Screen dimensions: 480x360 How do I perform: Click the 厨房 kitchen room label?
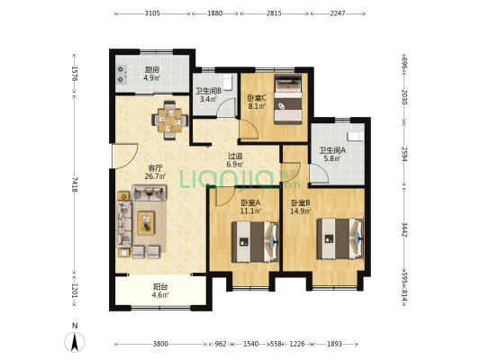pos(152,69)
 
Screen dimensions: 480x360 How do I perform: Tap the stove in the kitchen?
pos(122,75)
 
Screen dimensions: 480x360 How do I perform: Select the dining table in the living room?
pos(170,121)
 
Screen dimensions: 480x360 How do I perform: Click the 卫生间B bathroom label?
pos(208,91)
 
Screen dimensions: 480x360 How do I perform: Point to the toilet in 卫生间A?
pos(356,136)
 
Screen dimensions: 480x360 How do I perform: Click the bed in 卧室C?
pos(288,100)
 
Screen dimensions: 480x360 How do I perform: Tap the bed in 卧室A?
pos(255,242)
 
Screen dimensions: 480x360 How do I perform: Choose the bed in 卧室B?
pos(340,238)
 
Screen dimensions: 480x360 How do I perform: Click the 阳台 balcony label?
pos(160,287)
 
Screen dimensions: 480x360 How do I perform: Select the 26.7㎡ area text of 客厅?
pos(155,176)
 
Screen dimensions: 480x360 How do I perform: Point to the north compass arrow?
pos(75,342)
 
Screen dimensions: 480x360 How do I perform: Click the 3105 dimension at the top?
pos(152,13)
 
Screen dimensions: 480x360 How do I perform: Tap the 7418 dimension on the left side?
pos(75,184)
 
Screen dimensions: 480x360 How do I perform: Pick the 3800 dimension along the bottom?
pos(160,344)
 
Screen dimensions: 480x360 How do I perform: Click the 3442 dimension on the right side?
pos(404,229)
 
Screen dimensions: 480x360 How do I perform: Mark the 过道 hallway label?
pos(235,156)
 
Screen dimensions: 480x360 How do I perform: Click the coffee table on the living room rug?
pos(146,223)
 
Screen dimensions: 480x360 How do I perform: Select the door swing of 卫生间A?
pos(320,174)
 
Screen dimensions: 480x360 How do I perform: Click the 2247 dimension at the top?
pos(338,13)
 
